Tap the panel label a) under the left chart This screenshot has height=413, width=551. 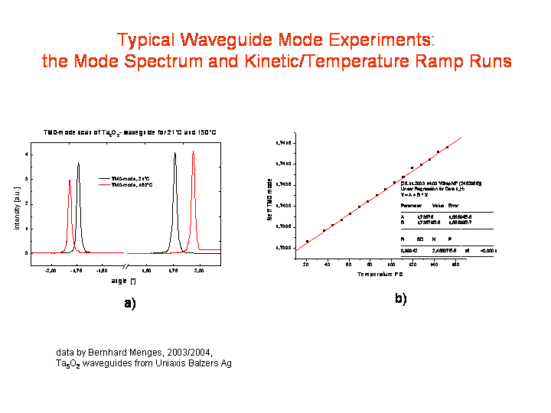[129, 303]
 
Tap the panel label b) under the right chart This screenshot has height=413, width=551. [400, 298]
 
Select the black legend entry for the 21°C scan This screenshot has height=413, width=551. [129, 178]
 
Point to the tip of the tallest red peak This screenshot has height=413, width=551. [194, 151]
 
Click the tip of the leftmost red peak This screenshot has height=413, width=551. [70, 180]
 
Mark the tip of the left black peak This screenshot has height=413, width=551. [78, 162]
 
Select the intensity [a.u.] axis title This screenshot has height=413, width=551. [17, 205]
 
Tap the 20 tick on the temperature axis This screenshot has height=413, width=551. [306, 265]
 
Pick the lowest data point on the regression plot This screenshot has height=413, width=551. [307, 242]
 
